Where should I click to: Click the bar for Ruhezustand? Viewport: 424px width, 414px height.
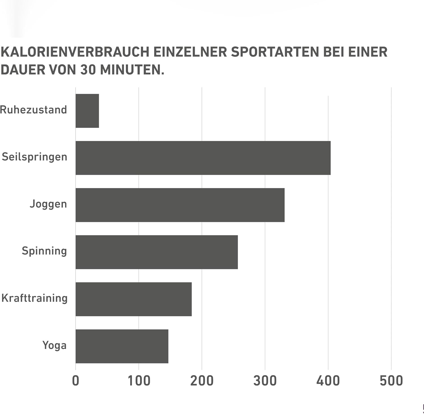click(87, 111)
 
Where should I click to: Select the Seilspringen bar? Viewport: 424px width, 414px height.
click(203, 158)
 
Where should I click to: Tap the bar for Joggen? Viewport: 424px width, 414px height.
click(180, 205)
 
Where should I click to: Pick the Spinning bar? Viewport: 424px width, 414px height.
click(157, 252)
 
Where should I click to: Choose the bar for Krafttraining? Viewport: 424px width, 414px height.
click(133, 299)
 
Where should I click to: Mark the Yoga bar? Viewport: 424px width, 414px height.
click(122, 346)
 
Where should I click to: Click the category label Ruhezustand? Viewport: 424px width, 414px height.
click(34, 110)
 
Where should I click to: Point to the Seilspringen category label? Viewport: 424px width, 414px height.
click(34, 157)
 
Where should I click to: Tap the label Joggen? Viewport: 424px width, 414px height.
click(48, 204)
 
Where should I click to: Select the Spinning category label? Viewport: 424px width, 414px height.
click(44, 251)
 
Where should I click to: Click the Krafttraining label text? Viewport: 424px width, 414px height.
click(34, 298)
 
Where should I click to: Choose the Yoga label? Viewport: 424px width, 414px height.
click(55, 345)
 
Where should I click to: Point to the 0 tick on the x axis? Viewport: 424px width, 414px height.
click(75, 381)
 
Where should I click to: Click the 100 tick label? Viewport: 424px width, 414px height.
click(139, 381)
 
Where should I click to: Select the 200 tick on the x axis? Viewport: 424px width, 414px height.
click(202, 381)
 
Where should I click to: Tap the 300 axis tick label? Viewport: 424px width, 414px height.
click(265, 381)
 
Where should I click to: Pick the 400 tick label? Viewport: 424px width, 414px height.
click(328, 381)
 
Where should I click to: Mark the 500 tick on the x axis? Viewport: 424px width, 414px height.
click(391, 381)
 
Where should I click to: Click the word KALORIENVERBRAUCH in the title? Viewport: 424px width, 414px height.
click(75, 52)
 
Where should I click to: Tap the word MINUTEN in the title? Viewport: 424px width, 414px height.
click(132, 70)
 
